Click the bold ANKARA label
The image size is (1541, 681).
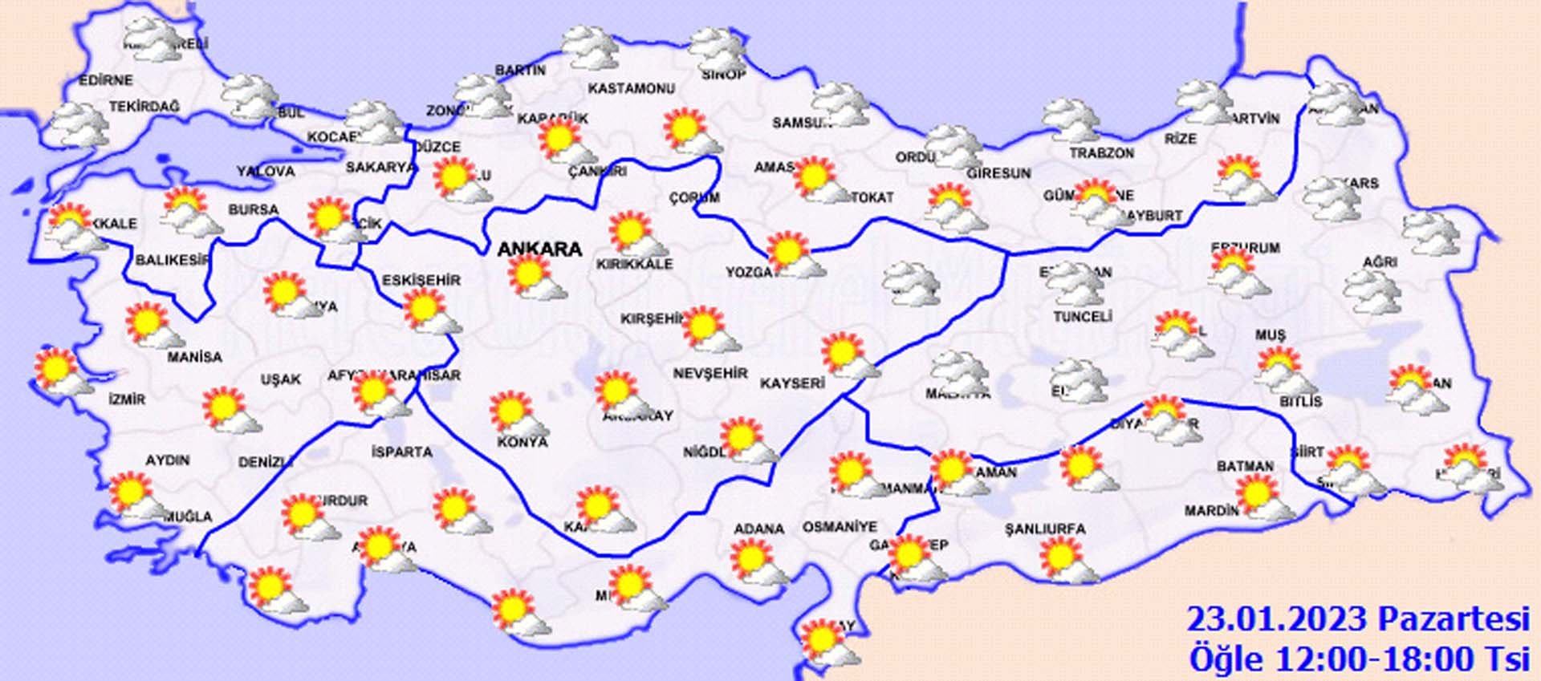click(x=539, y=249)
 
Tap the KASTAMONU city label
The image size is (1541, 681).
click(x=631, y=88)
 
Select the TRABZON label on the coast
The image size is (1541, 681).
click(x=1101, y=152)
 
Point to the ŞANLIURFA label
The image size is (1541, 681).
click(x=1045, y=529)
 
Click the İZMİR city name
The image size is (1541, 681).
click(x=127, y=399)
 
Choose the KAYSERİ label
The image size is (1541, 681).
click(x=792, y=383)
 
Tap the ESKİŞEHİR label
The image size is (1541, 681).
click(x=421, y=280)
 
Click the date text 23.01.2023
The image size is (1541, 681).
click(x=1276, y=620)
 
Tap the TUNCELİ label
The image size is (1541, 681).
click(x=1082, y=317)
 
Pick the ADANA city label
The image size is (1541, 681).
click(x=758, y=529)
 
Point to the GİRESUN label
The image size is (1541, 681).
click(x=998, y=173)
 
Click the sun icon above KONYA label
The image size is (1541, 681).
click(x=511, y=411)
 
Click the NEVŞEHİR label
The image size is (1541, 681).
click(x=710, y=373)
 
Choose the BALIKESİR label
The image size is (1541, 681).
click(x=172, y=260)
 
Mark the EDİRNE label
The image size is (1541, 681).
click(x=105, y=80)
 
